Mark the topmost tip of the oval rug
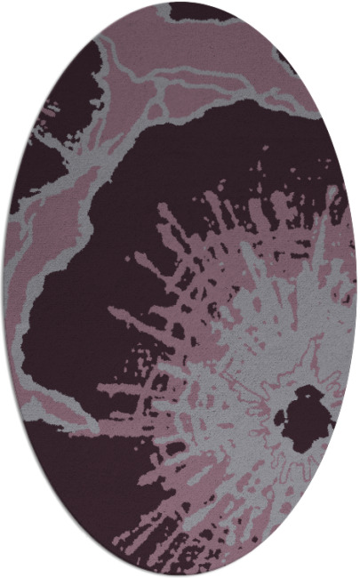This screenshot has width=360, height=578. click(x=180, y=3)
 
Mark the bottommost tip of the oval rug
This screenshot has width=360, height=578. click(x=180, y=575)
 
